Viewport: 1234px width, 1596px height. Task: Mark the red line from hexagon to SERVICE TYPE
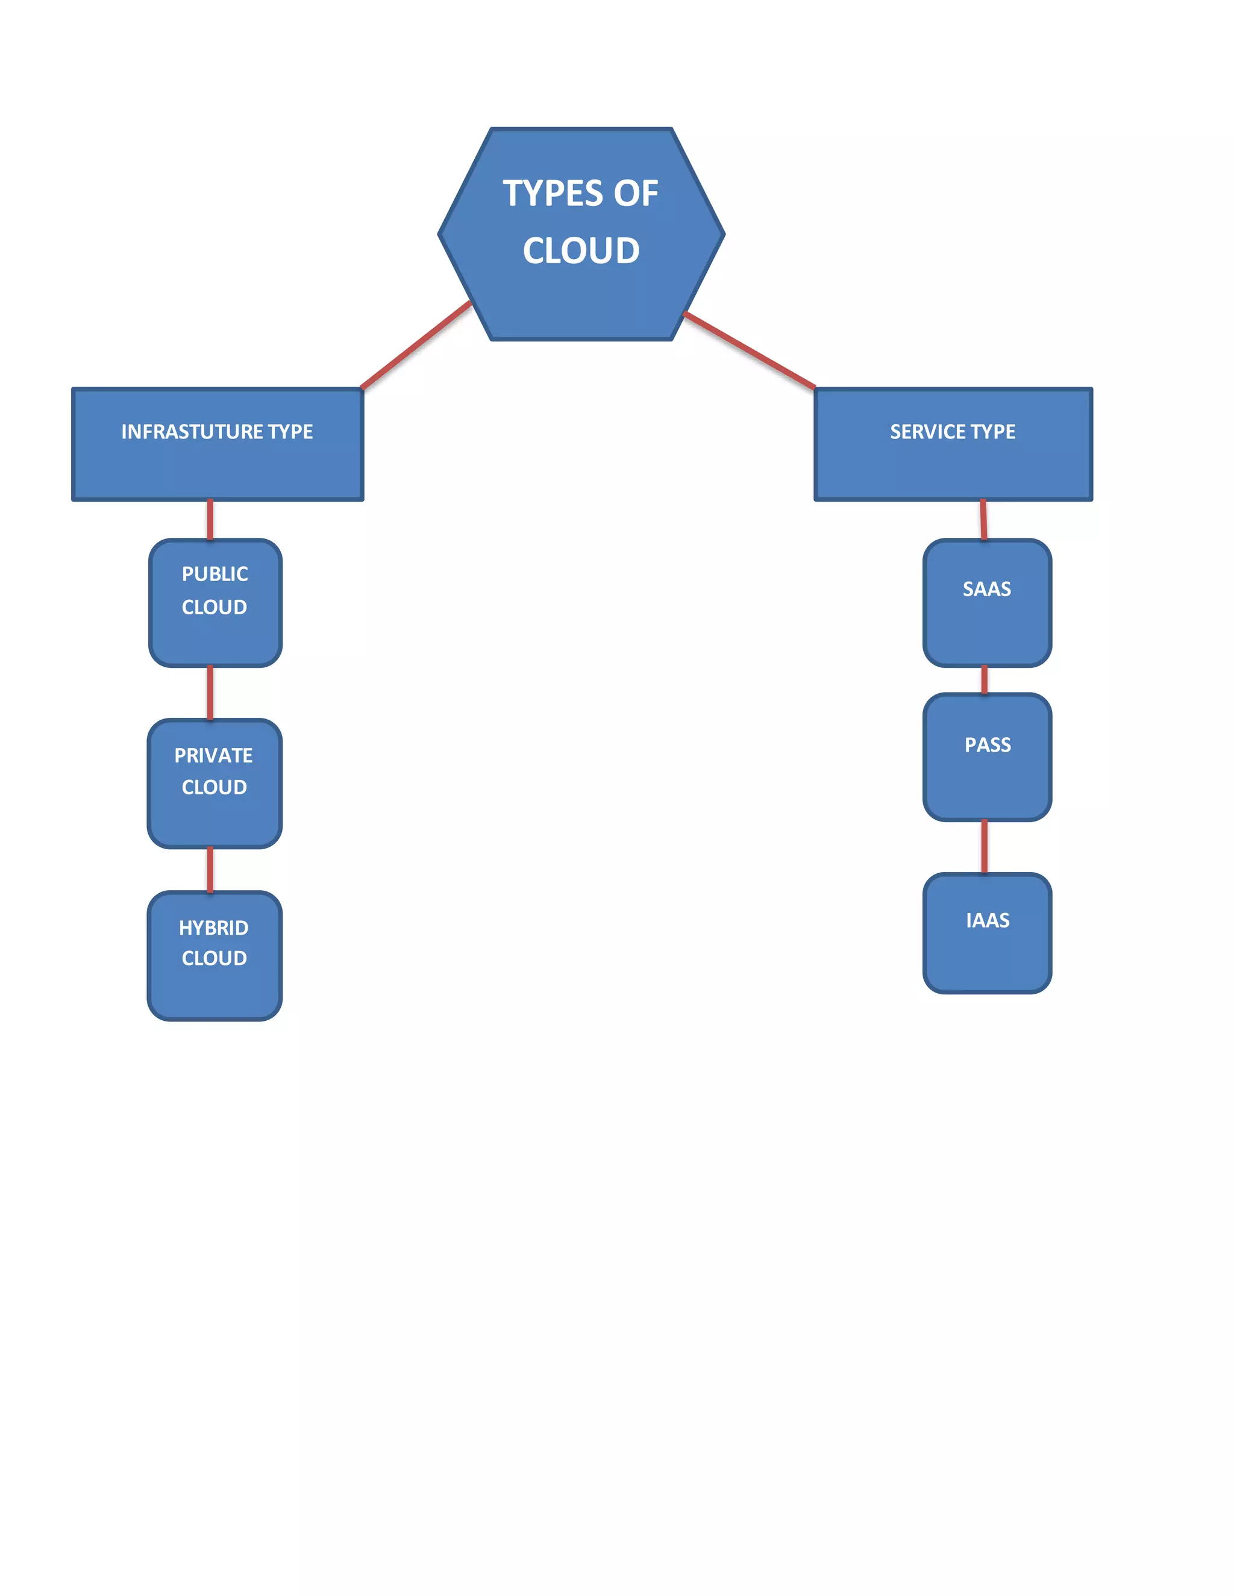750,351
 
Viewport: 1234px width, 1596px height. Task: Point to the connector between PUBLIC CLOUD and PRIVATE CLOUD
210,693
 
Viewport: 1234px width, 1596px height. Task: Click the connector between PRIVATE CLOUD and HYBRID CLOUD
210,870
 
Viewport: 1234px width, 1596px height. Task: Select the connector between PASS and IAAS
985,847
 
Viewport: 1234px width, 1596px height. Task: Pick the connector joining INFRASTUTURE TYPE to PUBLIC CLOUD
210,520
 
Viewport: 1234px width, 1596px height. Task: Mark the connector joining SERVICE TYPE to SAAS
983,520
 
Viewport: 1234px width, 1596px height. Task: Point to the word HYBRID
213,927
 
